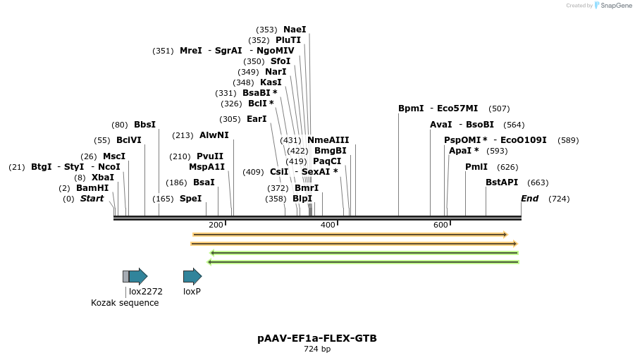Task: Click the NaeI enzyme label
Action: pyautogui.click(x=295, y=30)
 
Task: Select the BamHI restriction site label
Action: pyautogui.click(x=92, y=188)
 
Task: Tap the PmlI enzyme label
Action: pyautogui.click(x=476, y=167)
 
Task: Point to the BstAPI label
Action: pyautogui.click(x=502, y=182)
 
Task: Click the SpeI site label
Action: pyautogui.click(x=190, y=199)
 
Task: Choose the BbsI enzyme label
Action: pyautogui.click(x=144, y=125)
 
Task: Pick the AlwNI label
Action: pyautogui.click(x=214, y=135)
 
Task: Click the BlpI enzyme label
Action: pyautogui.click(x=302, y=199)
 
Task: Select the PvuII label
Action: pyautogui.click(x=210, y=156)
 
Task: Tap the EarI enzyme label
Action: pyautogui.click(x=257, y=119)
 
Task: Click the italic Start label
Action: pyautogui.click(x=92, y=199)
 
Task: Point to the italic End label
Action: pyautogui.click(x=529, y=199)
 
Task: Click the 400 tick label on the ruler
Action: pyautogui.click(x=328, y=225)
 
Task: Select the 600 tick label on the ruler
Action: pyautogui.click(x=440, y=225)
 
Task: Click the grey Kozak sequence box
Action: pyautogui.click(x=125, y=276)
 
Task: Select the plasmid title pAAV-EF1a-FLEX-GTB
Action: pyautogui.click(x=317, y=338)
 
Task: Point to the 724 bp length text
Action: pyautogui.click(x=317, y=349)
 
